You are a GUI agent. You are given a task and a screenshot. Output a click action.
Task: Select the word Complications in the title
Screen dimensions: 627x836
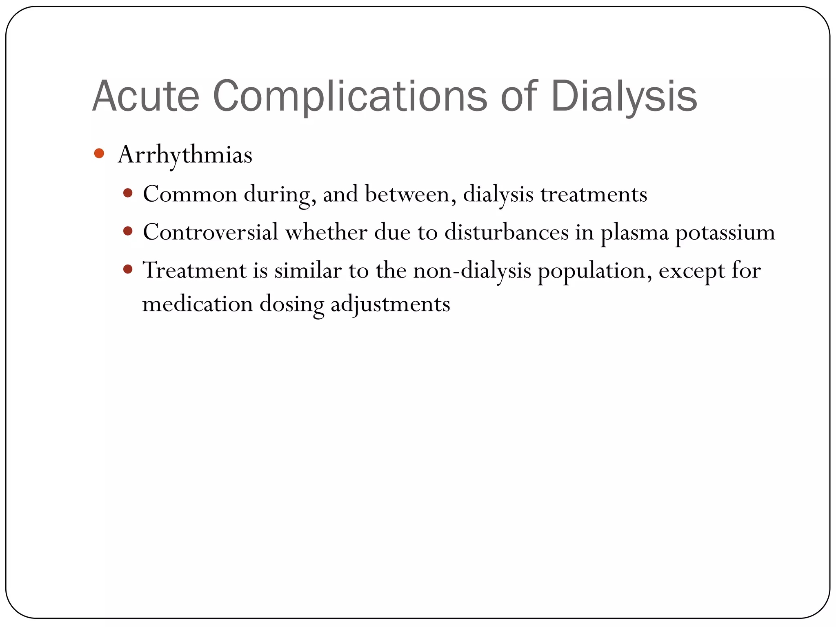tap(350, 96)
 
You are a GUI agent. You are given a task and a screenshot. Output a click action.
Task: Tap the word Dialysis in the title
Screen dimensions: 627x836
tap(624, 96)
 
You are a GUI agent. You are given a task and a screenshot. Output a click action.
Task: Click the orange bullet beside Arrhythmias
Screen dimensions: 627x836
tap(99, 153)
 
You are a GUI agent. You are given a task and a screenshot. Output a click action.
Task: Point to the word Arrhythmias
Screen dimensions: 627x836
tap(185, 155)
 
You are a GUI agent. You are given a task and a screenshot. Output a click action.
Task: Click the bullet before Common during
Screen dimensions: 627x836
tap(128, 193)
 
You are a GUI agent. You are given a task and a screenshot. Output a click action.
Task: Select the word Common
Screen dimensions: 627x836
tap(190, 194)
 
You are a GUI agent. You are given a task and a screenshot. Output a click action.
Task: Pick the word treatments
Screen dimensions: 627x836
tap(594, 194)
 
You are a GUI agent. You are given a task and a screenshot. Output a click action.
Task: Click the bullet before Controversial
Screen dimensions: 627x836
tap(128, 231)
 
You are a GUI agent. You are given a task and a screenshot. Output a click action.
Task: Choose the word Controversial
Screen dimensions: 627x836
tap(210, 232)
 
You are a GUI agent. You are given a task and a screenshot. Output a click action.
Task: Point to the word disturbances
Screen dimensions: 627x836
tap(506, 232)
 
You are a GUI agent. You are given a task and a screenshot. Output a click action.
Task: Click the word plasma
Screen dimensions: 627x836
tap(634, 233)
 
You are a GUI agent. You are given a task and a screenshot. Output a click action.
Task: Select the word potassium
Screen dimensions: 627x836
tap(725, 233)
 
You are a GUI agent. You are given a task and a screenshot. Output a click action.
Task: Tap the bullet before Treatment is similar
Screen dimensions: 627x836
tap(128, 269)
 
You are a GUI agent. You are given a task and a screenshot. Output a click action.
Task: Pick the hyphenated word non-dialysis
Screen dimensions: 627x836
tap(472, 270)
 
